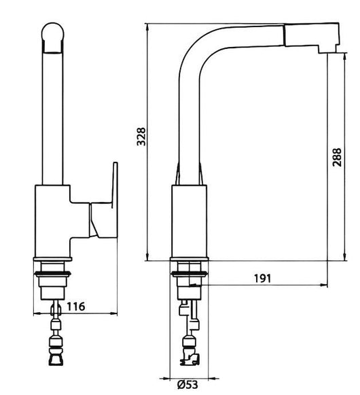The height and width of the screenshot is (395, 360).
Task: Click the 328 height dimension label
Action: coord(141,137)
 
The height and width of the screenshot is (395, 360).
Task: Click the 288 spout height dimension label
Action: coord(337,157)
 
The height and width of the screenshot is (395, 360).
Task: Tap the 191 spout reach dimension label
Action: coord(262,278)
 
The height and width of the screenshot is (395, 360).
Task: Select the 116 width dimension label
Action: coord(76,307)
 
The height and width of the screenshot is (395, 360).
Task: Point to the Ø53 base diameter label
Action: coord(187,385)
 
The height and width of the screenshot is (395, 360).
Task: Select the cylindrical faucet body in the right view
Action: coord(190,221)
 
